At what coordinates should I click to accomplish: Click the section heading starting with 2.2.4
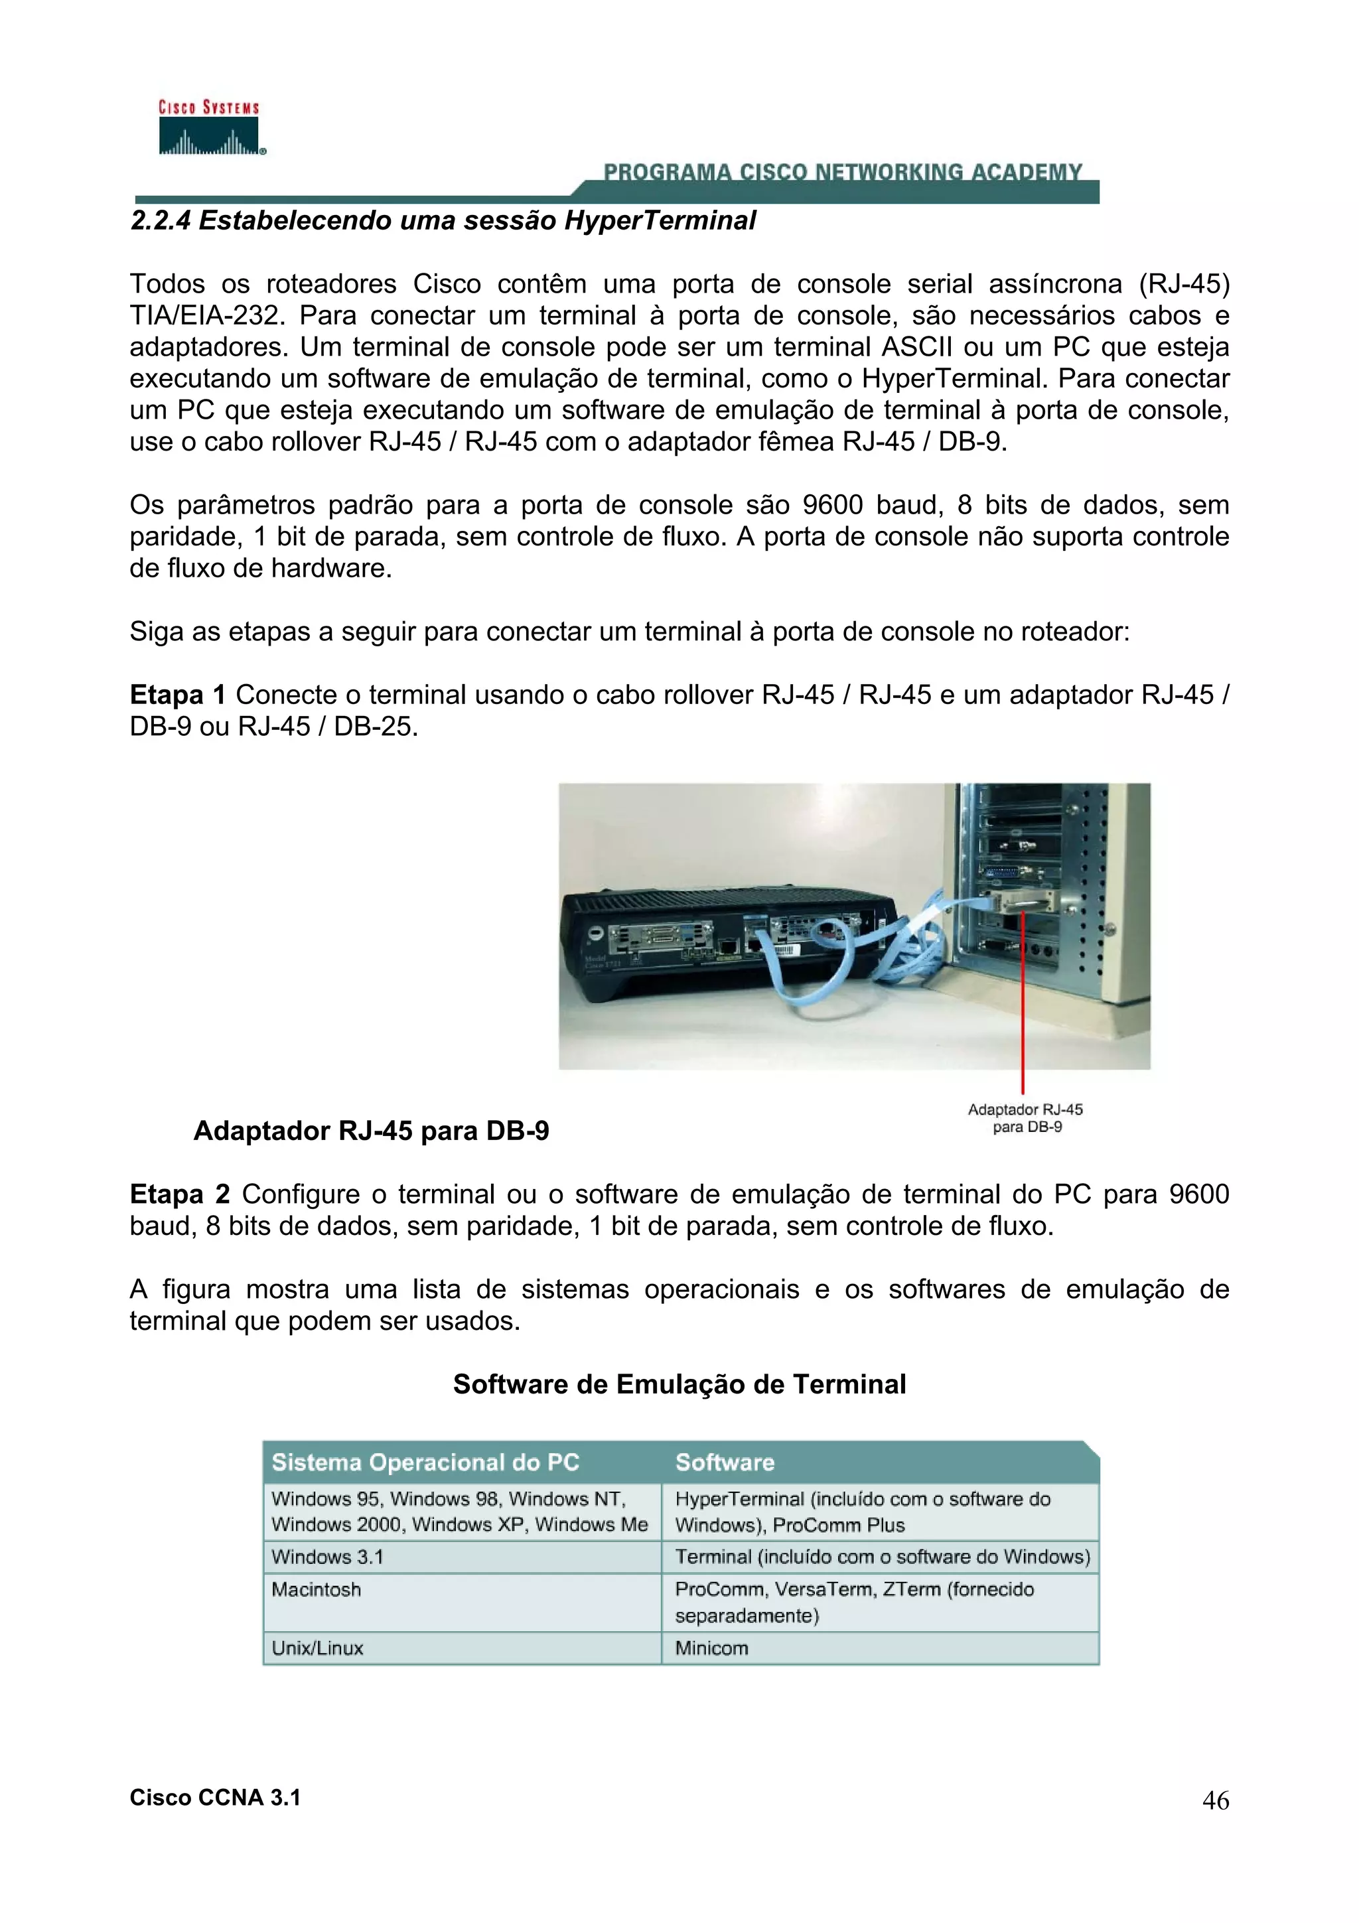pyautogui.click(x=443, y=221)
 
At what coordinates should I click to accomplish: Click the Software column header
pyautogui.click(x=725, y=1462)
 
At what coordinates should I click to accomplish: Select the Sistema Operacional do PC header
pyautogui.click(x=425, y=1462)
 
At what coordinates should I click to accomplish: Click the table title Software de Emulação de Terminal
pyautogui.click(x=679, y=1384)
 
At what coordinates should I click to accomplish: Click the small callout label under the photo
pyautogui.click(x=1026, y=1118)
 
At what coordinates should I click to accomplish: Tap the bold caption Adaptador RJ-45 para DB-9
pyautogui.click(x=371, y=1131)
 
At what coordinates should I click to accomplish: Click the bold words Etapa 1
pyautogui.click(x=178, y=695)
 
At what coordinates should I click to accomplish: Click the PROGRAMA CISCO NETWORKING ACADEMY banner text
pyautogui.click(x=842, y=173)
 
